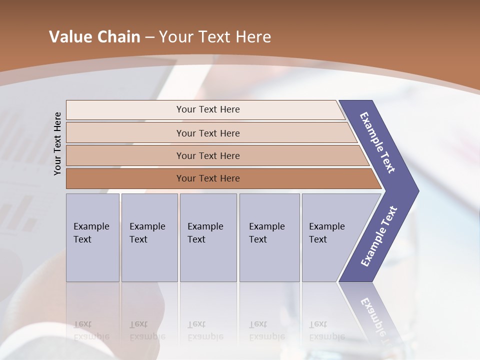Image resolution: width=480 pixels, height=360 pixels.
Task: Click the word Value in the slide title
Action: (69, 37)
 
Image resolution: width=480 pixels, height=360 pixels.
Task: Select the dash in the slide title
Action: (149, 37)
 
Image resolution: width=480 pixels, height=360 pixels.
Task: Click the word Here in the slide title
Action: (253, 37)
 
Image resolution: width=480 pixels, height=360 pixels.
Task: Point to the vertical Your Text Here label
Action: (57, 143)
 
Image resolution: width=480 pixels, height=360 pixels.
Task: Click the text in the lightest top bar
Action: (208, 109)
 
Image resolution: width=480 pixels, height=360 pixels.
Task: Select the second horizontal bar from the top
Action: (208, 133)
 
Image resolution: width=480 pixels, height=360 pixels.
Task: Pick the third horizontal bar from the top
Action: (208, 155)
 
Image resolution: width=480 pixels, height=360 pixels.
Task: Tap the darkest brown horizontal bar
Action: (208, 178)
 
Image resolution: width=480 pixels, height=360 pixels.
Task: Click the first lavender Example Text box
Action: (92, 237)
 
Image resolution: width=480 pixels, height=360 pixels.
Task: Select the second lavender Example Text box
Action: (149, 237)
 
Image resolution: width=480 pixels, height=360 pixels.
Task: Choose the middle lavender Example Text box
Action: (208, 237)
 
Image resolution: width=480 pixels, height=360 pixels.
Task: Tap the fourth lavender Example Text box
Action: (269, 237)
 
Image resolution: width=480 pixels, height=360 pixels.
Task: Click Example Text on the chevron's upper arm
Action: (377, 142)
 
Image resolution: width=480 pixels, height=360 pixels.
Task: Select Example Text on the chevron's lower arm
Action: (378, 236)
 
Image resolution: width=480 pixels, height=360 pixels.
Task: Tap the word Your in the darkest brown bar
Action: (185, 178)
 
